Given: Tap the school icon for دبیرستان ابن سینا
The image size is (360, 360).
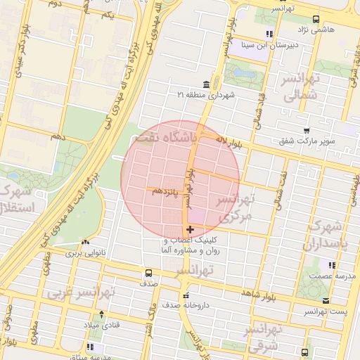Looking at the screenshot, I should click(269, 33).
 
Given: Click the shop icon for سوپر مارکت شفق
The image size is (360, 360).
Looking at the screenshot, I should click(306, 130).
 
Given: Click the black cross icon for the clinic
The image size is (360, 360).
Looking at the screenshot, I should click(190, 229).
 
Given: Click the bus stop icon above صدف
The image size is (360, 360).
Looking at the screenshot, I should click(148, 273).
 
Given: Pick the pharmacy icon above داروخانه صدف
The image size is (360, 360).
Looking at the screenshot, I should click(186, 295).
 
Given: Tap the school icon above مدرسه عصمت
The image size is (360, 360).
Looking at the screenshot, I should click(332, 265).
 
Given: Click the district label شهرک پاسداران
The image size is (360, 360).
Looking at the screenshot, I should click(323, 237).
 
